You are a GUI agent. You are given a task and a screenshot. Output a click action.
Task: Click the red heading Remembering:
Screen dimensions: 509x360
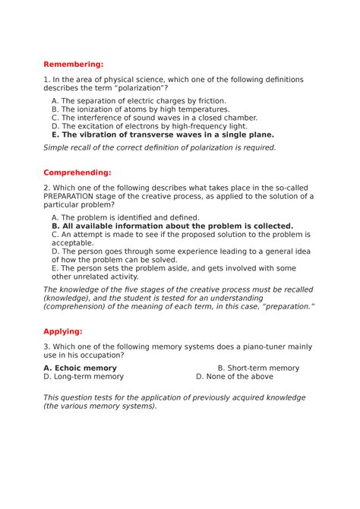click(x=73, y=65)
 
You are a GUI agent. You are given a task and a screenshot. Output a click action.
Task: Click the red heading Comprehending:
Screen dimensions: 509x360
click(x=77, y=172)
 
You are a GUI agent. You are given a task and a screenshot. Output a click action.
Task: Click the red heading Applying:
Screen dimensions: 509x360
click(x=64, y=332)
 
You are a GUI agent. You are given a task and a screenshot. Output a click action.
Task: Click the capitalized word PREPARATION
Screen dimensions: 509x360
click(x=75, y=196)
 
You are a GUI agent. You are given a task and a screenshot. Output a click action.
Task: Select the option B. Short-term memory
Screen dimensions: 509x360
click(x=248, y=368)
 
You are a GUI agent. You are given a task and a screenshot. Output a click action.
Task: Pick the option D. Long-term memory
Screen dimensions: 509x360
click(x=84, y=376)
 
